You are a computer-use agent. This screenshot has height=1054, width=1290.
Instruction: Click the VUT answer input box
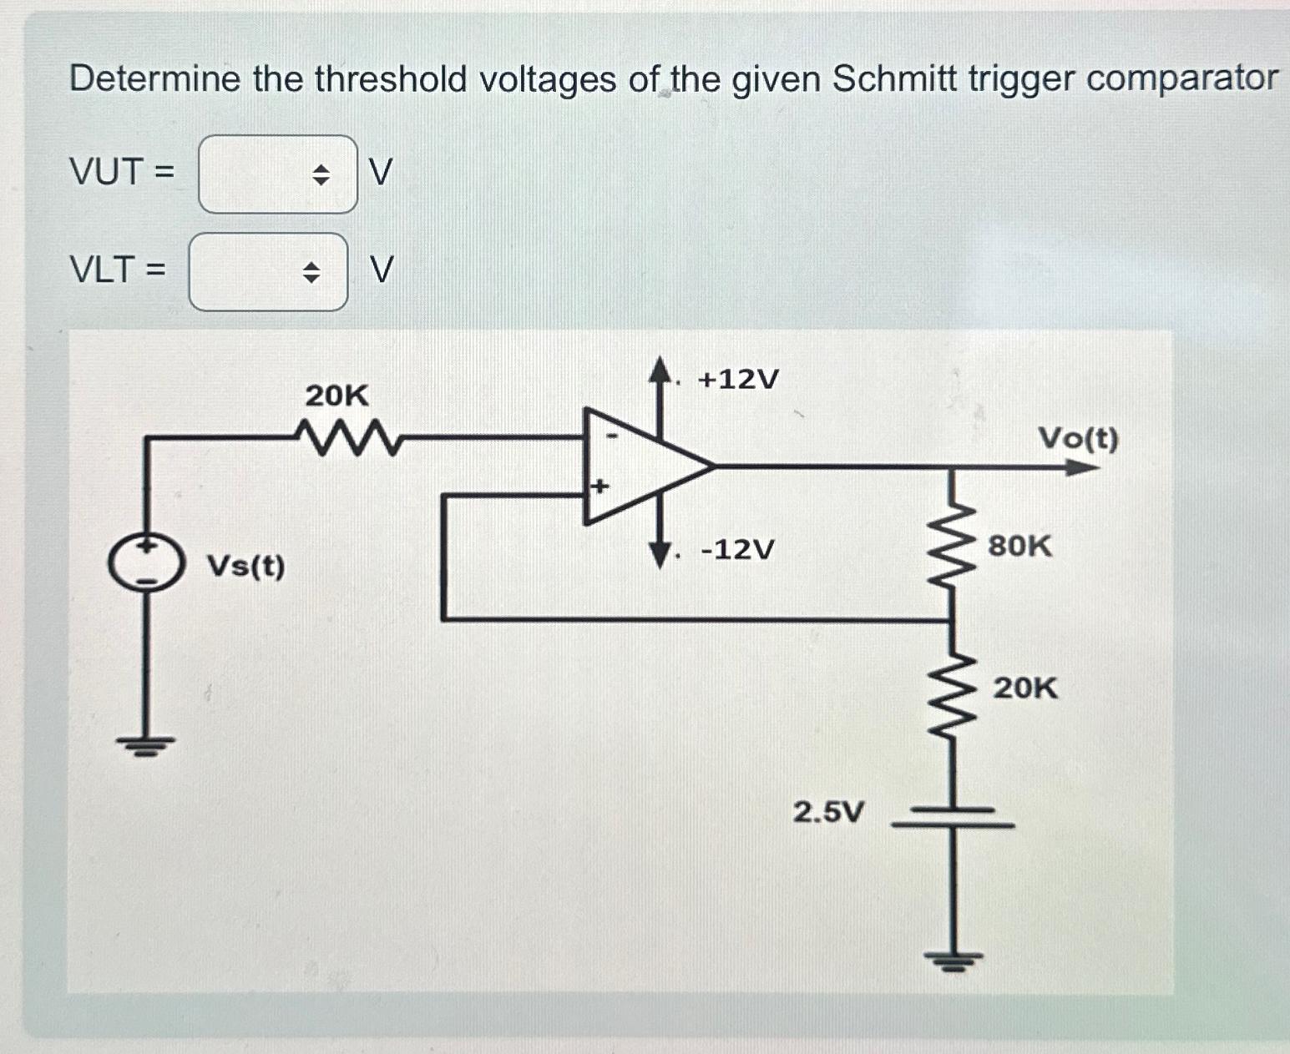coord(255,174)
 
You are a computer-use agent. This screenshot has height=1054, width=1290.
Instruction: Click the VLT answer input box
coord(246,272)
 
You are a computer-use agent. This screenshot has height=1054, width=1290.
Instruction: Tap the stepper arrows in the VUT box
coord(321,175)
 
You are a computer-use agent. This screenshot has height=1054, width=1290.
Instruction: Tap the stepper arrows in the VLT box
coord(311,272)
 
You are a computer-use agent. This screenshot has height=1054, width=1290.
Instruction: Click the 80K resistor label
coord(1019,547)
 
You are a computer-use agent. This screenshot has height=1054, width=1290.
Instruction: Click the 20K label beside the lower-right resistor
coord(1024,688)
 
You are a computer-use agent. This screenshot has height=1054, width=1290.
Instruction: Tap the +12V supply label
coord(738,380)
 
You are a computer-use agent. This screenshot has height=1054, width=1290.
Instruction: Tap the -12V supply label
coord(737,550)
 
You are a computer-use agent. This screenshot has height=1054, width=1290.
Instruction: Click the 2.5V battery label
coord(828,811)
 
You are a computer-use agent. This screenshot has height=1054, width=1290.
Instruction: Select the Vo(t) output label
coord(1077,437)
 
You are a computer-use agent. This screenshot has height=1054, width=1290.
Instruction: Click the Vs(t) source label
coord(245,567)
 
